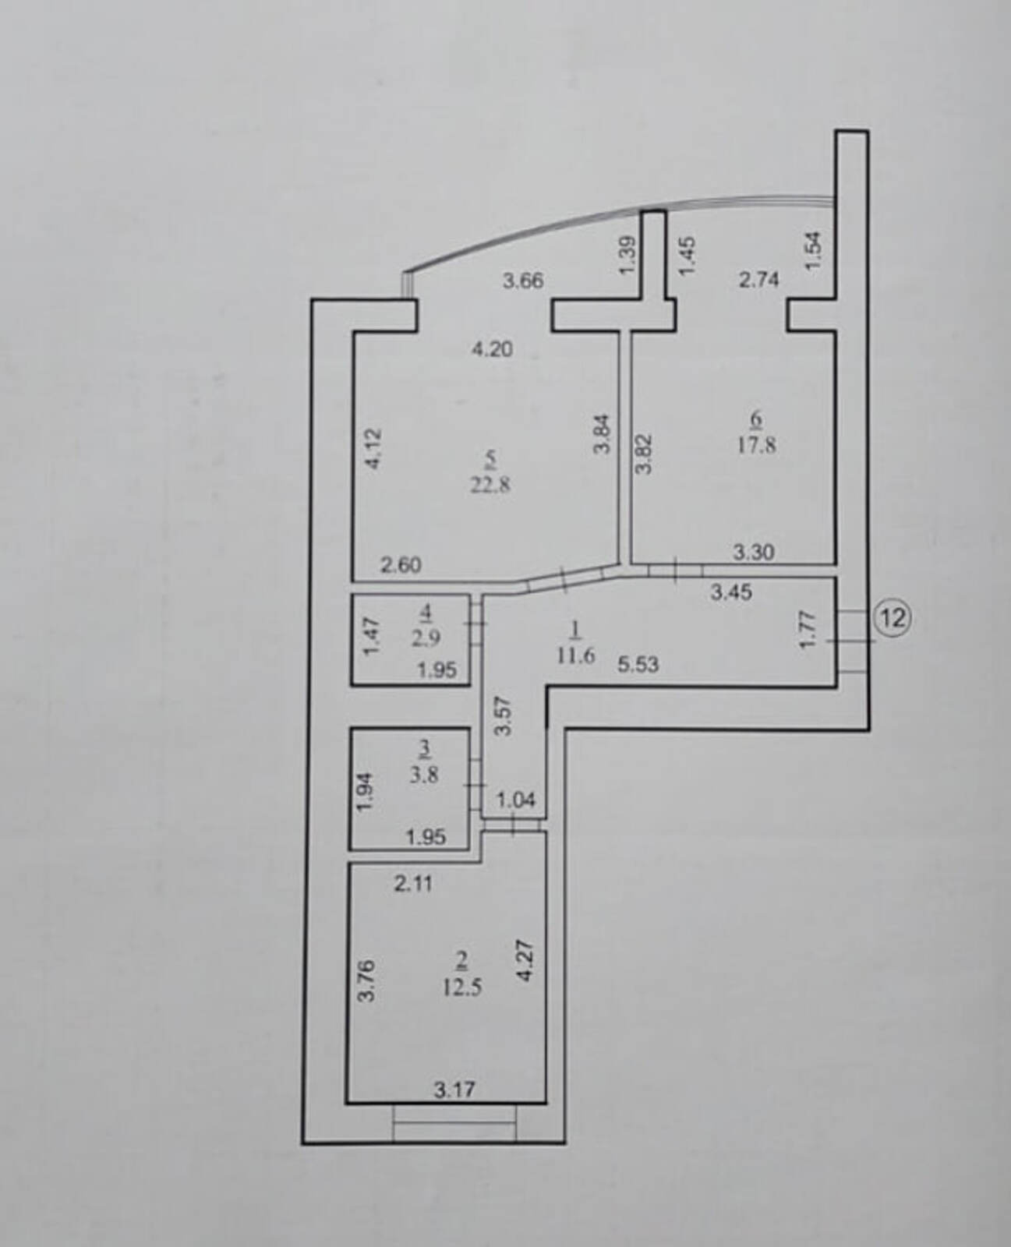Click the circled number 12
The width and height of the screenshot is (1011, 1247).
click(x=893, y=618)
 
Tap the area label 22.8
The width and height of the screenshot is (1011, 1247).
click(x=490, y=486)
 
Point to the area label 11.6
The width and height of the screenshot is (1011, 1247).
click(x=576, y=655)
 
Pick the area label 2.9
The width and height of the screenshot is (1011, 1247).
click(x=426, y=638)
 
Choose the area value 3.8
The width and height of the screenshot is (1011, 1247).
click(x=424, y=775)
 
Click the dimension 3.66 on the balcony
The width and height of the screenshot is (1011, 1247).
click(x=523, y=281)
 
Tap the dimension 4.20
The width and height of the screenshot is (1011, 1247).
click(x=493, y=349)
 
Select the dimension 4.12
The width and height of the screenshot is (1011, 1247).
click(x=373, y=449)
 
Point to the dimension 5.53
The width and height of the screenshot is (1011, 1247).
click(x=638, y=664)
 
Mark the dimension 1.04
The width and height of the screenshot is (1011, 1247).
click(x=515, y=800)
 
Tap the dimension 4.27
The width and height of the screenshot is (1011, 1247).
click(x=525, y=961)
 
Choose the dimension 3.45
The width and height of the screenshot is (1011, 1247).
click(x=731, y=593)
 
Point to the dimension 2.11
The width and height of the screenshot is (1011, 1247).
click(x=413, y=883)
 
